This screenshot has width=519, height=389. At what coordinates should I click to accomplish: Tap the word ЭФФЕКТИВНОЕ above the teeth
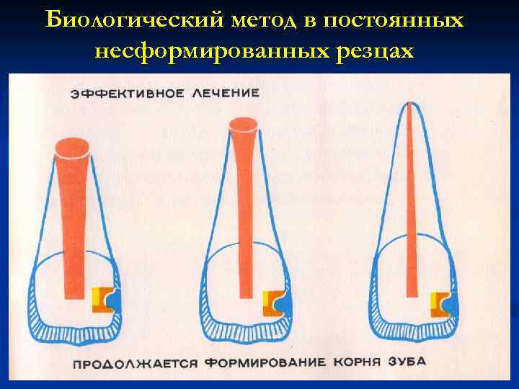[127, 94]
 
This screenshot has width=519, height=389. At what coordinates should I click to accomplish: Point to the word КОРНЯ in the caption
[362, 361]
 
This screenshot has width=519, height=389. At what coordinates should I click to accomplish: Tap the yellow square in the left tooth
[96, 296]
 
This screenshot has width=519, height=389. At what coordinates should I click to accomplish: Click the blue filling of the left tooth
[115, 301]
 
